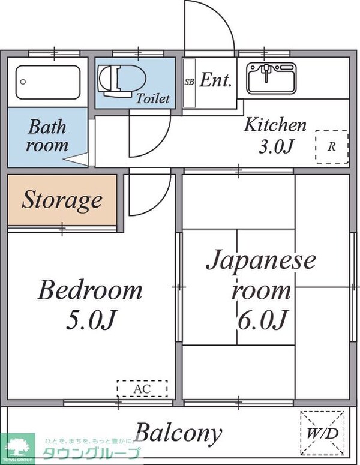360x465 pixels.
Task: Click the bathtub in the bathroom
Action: (48, 82)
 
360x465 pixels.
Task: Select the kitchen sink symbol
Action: (271, 79)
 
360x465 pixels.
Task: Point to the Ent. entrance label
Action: (215, 81)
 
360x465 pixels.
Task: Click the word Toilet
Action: (153, 98)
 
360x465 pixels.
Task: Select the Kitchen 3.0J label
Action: (275, 135)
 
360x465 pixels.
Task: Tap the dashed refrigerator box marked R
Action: (331, 146)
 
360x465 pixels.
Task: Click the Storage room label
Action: (62, 200)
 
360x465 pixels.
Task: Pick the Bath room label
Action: (47, 136)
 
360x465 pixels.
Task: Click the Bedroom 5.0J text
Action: (90, 304)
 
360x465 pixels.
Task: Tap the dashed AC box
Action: (142, 389)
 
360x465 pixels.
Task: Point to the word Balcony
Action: (178, 432)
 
